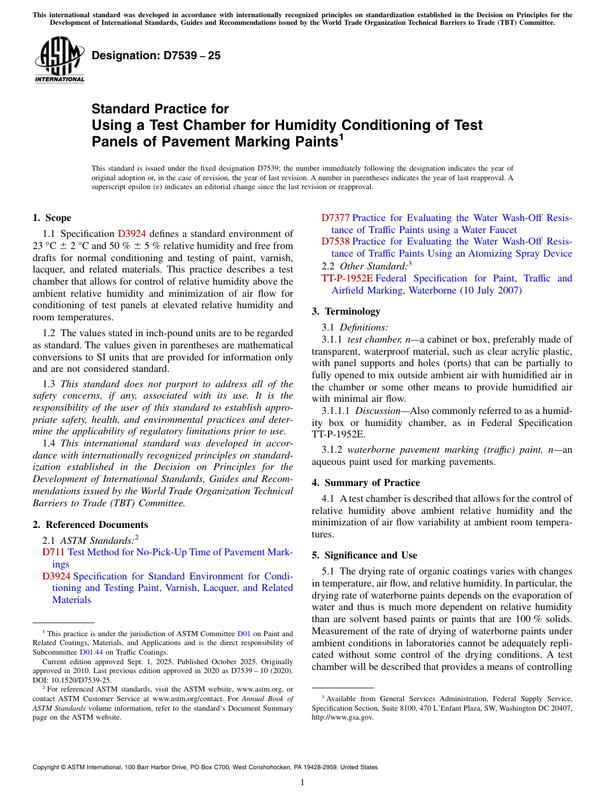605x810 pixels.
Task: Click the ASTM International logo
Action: coord(59,60)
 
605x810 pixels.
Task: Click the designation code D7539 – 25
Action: coord(156,55)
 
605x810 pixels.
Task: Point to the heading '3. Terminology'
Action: coord(346,311)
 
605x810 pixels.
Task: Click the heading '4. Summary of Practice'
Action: coord(366,483)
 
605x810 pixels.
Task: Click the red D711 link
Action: coord(53,552)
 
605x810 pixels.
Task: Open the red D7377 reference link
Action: coord(335,218)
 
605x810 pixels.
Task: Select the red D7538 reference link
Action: coord(335,241)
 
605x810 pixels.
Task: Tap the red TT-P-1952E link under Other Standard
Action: coord(347,278)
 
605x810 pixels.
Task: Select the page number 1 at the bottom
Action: coord(302,783)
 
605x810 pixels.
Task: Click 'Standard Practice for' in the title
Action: coord(160,109)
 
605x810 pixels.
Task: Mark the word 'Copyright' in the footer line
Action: coord(48,767)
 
